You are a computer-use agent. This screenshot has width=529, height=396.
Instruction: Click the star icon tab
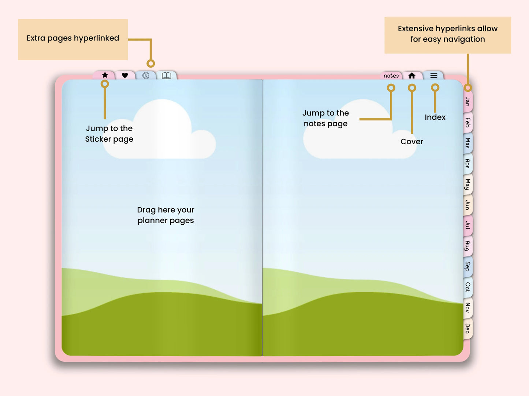click(x=105, y=75)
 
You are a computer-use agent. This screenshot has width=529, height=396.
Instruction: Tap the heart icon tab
click(x=125, y=76)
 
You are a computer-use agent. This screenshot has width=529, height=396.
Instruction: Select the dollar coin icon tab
click(x=146, y=76)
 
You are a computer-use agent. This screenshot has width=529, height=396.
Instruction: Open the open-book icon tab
click(x=167, y=76)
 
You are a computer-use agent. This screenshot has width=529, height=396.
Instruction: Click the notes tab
click(x=391, y=76)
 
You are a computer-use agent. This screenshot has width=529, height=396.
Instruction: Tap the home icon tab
click(x=412, y=76)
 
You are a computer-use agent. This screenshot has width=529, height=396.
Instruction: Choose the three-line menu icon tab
click(x=434, y=76)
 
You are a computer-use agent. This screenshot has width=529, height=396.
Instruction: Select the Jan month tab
click(x=467, y=101)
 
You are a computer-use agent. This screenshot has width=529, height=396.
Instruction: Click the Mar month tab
click(x=467, y=142)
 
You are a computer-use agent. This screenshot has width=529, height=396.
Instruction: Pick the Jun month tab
click(x=467, y=205)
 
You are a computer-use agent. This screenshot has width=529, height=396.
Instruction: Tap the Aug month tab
click(x=467, y=245)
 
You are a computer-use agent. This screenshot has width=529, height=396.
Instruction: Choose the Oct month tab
click(x=467, y=287)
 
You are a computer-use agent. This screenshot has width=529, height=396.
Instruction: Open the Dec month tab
click(x=467, y=328)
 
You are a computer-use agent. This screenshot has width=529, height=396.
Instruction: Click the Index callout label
click(x=435, y=117)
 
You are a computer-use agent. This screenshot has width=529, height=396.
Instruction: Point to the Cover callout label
click(x=412, y=141)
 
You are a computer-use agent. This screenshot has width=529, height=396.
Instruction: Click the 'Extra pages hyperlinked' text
click(x=73, y=38)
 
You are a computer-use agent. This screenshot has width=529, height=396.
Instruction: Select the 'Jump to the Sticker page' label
click(x=109, y=134)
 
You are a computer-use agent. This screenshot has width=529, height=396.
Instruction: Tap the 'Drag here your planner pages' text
click(x=166, y=215)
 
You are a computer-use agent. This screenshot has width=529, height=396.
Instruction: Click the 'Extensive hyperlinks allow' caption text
click(x=447, y=28)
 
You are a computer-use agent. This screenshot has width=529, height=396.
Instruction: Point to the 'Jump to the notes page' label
click(x=325, y=118)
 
